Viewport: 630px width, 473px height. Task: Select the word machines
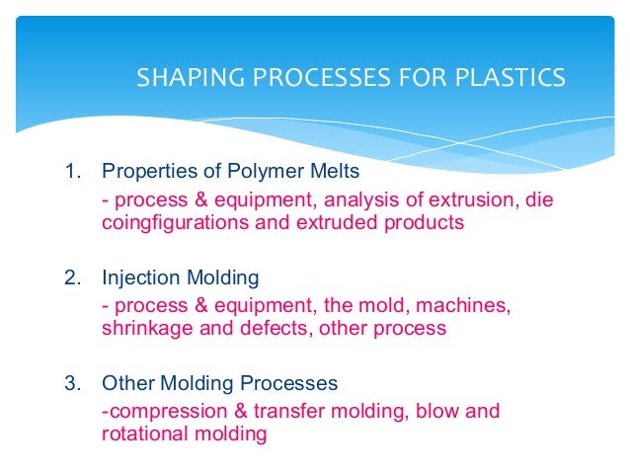pos(468,305)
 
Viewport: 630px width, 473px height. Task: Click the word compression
pos(159,410)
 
